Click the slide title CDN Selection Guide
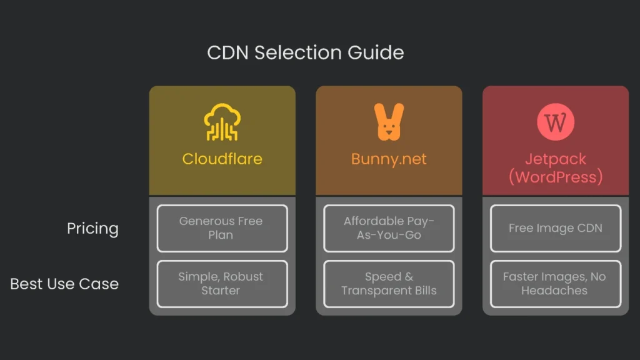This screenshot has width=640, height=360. pos(305,52)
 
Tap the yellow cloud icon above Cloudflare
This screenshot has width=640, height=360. pos(222,122)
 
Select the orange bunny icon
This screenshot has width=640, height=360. pos(389,122)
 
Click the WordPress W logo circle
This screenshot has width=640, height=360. pos(555,122)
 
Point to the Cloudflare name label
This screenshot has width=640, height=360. pos(222,159)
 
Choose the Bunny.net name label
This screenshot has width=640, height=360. pos(389,159)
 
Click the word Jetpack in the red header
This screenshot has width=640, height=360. pos(555,159)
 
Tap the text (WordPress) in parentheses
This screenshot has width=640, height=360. pos(555,177)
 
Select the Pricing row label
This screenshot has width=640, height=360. pos(92,228)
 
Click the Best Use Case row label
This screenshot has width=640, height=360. pos(64,284)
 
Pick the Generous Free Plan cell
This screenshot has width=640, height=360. pos(222,228)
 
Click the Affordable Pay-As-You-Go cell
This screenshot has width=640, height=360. pos(389,228)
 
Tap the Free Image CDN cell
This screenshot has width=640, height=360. pos(555,228)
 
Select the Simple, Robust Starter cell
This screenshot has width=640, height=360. pos(222,284)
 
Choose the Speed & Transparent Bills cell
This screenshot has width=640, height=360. pos(389,284)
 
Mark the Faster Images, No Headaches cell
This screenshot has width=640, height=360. pos(555,284)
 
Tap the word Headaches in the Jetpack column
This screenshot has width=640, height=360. pos(554,291)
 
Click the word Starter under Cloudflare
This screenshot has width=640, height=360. pos(221,291)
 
